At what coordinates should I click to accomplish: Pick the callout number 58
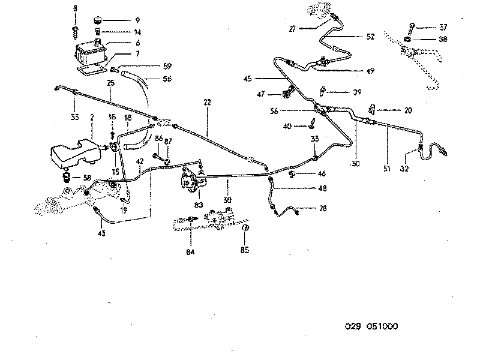click(88, 178)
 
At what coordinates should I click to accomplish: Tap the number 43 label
click(101, 233)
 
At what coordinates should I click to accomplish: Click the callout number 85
click(244, 249)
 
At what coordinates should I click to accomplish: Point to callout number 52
click(370, 37)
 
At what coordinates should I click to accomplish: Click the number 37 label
click(443, 27)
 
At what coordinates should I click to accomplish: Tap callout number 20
click(408, 110)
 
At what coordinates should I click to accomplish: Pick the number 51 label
click(386, 169)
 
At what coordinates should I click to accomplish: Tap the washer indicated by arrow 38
click(408, 40)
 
